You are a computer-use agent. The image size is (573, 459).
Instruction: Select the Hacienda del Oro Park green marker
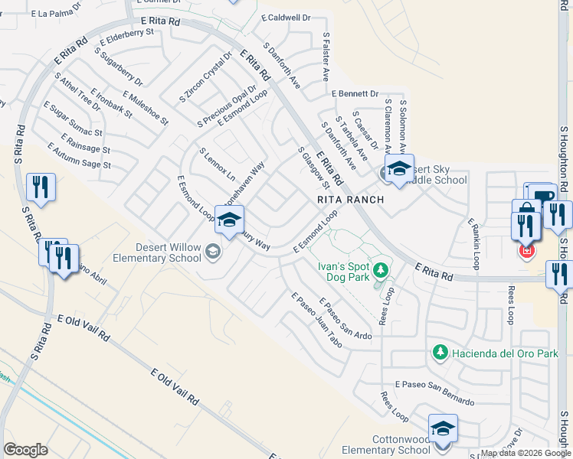click(440, 352)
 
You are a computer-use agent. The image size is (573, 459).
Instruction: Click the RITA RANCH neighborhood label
click(350, 199)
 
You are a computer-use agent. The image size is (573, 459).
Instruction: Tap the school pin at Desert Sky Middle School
click(398, 171)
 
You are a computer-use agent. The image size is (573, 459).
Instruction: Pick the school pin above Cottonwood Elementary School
click(443, 430)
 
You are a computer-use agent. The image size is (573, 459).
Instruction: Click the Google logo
click(26, 450)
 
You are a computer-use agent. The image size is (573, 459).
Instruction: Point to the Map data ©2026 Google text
click(525, 453)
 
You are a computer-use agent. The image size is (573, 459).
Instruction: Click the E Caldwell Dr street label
click(285, 17)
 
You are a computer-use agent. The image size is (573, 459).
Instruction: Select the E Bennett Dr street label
click(355, 93)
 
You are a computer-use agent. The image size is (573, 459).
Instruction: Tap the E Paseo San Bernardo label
click(434, 392)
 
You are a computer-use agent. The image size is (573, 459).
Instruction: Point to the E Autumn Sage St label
click(79, 155)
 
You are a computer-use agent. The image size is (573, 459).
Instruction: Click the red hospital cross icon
click(526, 250)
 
